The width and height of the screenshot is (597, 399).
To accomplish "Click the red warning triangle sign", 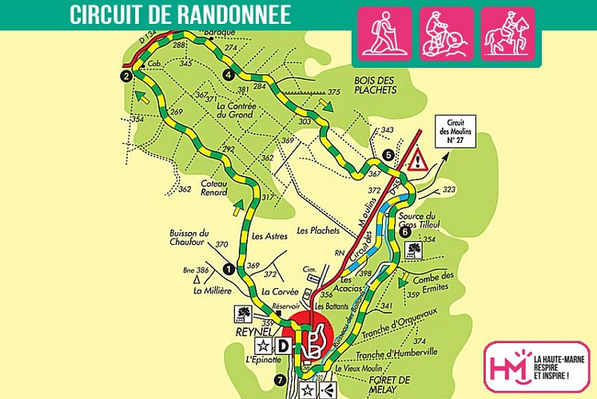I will tap(418, 163).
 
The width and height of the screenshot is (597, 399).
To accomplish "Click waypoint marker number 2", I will tap(126, 76).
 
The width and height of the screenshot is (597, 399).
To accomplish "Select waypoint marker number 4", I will tap(229, 74).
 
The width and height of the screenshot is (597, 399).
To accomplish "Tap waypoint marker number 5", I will tap(388, 154).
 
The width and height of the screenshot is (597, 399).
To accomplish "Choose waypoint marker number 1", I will tap(228, 269).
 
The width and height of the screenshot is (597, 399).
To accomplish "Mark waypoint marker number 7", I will tap(279, 379).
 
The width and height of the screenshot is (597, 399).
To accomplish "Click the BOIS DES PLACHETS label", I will tap(375, 85).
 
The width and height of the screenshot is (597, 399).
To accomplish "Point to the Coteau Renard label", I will tap(214, 186).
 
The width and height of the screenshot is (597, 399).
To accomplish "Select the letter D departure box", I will tap(283, 346).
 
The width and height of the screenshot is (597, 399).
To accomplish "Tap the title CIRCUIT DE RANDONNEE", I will tap(179, 14).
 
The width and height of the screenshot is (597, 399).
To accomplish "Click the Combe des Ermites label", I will tap(436, 281).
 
